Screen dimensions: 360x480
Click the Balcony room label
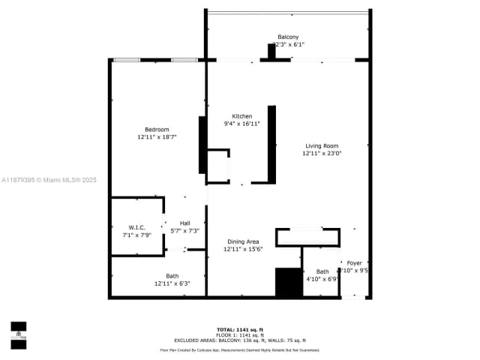(x=288, y=37)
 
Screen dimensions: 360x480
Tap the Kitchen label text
(x=242, y=116)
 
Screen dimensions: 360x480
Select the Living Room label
(x=321, y=145)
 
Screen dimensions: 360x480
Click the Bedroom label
(x=156, y=130)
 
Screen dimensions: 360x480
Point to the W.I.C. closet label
(x=136, y=227)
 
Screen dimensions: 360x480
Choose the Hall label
(x=184, y=223)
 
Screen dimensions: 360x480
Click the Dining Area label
(x=242, y=241)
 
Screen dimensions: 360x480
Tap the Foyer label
(x=353, y=263)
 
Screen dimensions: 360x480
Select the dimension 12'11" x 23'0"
(x=321, y=153)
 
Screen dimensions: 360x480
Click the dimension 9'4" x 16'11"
(x=242, y=124)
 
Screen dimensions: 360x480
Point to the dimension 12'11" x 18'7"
(x=156, y=137)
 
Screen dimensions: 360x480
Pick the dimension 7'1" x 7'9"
(x=136, y=235)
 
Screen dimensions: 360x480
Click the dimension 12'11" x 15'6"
(x=242, y=249)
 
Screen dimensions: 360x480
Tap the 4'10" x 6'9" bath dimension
(x=322, y=279)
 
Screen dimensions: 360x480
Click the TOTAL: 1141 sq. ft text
(x=240, y=330)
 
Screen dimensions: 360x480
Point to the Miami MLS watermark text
(x=49, y=180)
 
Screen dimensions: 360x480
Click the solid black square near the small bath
(x=288, y=283)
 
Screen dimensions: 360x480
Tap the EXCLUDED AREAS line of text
(x=240, y=340)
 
